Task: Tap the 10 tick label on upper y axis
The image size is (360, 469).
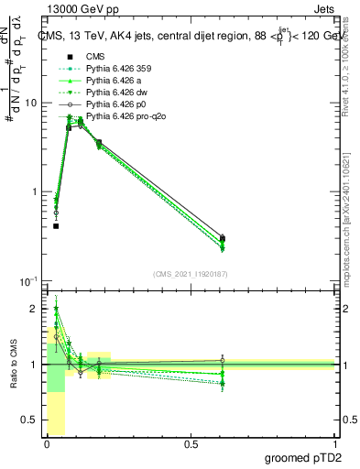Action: point(30,103)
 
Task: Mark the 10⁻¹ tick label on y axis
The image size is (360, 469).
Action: point(27,279)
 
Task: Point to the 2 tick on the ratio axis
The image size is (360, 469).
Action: point(35,309)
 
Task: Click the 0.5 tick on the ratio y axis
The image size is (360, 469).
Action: point(30,420)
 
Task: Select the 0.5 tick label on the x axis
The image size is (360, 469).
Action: point(191,443)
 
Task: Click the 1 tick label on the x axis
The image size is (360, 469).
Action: point(335,443)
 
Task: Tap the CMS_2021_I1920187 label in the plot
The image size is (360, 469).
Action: point(191,273)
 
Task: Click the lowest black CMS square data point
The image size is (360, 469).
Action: point(56,225)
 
